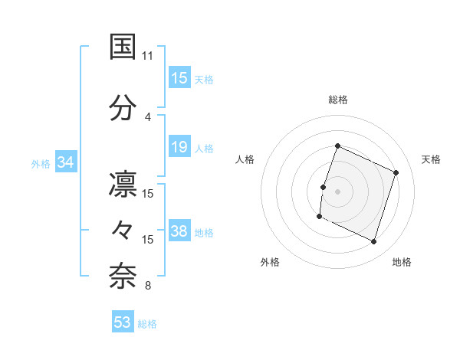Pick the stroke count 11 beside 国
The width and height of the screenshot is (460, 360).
[x=147, y=56]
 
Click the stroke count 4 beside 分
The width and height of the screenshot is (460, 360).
[x=147, y=117]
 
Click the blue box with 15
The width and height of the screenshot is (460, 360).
[x=179, y=77]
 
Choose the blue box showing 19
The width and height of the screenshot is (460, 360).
[x=179, y=147]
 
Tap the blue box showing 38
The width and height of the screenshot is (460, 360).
[x=179, y=232]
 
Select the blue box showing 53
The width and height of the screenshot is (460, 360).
[x=123, y=322]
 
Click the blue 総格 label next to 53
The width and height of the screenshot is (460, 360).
[x=148, y=324]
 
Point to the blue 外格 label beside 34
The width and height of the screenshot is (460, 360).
[x=41, y=163]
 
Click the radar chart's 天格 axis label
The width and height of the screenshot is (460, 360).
[x=431, y=159]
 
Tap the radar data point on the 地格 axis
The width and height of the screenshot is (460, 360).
[x=374, y=242]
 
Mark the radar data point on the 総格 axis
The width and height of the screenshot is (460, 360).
[x=337, y=146]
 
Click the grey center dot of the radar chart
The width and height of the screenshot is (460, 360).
[x=337, y=191]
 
